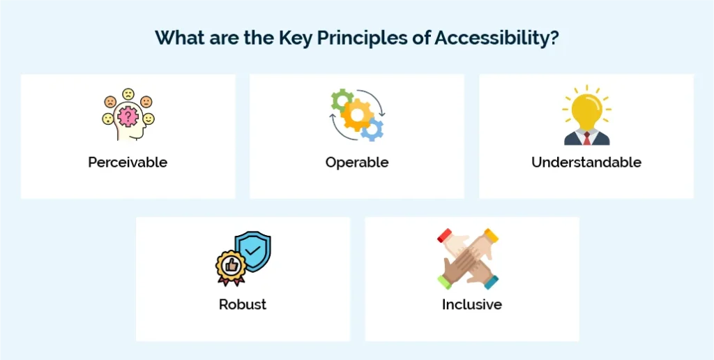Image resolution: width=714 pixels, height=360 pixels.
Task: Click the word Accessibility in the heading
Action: click(x=496, y=38)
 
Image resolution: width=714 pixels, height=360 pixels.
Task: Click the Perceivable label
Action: click(x=128, y=163)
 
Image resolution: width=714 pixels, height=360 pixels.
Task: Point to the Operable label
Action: click(x=356, y=163)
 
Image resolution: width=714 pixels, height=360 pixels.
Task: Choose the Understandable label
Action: click(x=586, y=163)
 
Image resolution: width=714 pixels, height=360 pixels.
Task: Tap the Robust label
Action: click(x=242, y=304)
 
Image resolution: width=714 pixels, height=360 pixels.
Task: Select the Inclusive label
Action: click(x=471, y=304)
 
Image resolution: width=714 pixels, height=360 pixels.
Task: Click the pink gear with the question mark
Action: click(x=128, y=117)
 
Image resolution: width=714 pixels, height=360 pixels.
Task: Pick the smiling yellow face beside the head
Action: click(x=149, y=119)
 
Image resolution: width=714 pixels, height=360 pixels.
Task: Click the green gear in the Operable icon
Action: click(x=340, y=100)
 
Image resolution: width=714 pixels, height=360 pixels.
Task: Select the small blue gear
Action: click(x=373, y=128)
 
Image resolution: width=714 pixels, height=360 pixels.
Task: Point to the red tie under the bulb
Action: click(x=586, y=138)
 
